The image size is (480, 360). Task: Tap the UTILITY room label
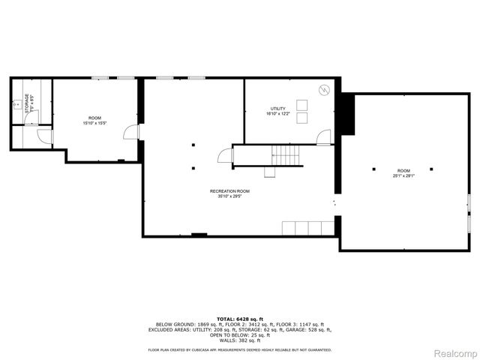pos(277,109)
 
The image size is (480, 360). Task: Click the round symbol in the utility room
pos(323,89)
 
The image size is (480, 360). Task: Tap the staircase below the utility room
pos(286,155)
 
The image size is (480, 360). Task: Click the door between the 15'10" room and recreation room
pos(133,132)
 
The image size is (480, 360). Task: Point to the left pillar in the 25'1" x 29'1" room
pos(373,169)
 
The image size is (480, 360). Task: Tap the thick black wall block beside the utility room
pos(346,114)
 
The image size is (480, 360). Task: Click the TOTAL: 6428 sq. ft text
pos(239,319)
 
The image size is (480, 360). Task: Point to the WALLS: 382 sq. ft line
pos(239,340)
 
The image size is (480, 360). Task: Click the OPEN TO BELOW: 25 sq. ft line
pos(239,334)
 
